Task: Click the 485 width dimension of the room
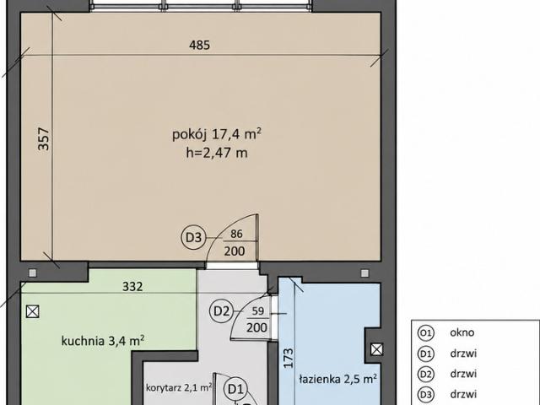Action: (199, 45)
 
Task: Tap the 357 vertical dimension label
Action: (44, 139)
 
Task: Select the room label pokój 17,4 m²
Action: (217, 134)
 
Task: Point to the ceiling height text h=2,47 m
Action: (217, 153)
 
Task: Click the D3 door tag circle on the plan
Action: (193, 237)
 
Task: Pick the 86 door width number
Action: (236, 234)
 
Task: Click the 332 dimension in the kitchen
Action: (132, 287)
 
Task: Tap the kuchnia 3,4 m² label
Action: (103, 341)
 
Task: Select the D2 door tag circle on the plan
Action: (221, 311)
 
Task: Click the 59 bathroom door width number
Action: (258, 310)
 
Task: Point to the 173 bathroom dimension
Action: (289, 358)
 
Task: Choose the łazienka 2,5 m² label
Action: (337, 379)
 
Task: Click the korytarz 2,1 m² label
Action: (179, 387)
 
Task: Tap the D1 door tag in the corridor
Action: (236, 389)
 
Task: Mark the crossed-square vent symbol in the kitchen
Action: (32, 311)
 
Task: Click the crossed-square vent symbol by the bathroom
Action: (377, 349)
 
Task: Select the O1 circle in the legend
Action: (425, 333)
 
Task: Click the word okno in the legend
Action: (462, 332)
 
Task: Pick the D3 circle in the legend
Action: (425, 395)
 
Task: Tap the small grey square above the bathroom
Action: (364, 273)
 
